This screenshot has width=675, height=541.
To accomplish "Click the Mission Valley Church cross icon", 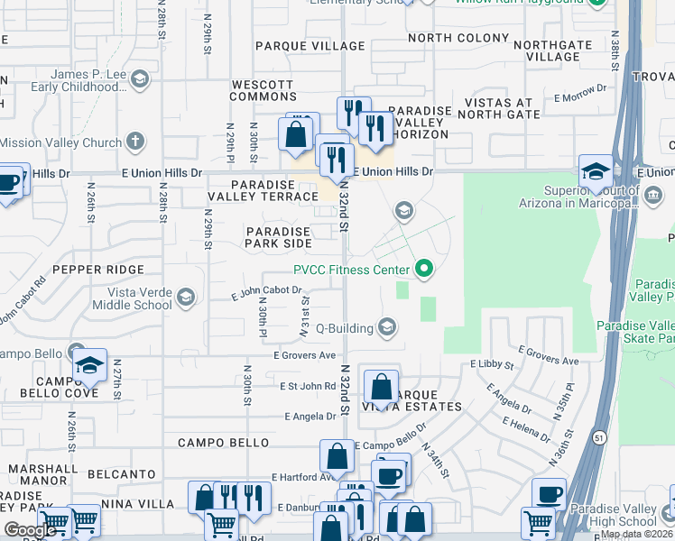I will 134,142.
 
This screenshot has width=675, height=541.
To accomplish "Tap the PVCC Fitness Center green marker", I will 422,269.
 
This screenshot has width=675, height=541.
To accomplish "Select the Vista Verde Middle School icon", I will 185,297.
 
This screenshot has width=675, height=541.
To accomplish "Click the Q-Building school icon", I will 387,327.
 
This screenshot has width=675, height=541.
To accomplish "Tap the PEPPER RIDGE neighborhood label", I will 98,270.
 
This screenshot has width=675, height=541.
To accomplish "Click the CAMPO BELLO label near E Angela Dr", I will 223,443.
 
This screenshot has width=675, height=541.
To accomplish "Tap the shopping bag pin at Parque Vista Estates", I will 382,388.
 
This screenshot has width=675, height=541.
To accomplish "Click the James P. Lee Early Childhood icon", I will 139,81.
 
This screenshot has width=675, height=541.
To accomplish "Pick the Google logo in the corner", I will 31,530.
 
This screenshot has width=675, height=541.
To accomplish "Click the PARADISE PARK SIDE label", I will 279,237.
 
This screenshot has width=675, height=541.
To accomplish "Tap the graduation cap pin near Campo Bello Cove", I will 89,366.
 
